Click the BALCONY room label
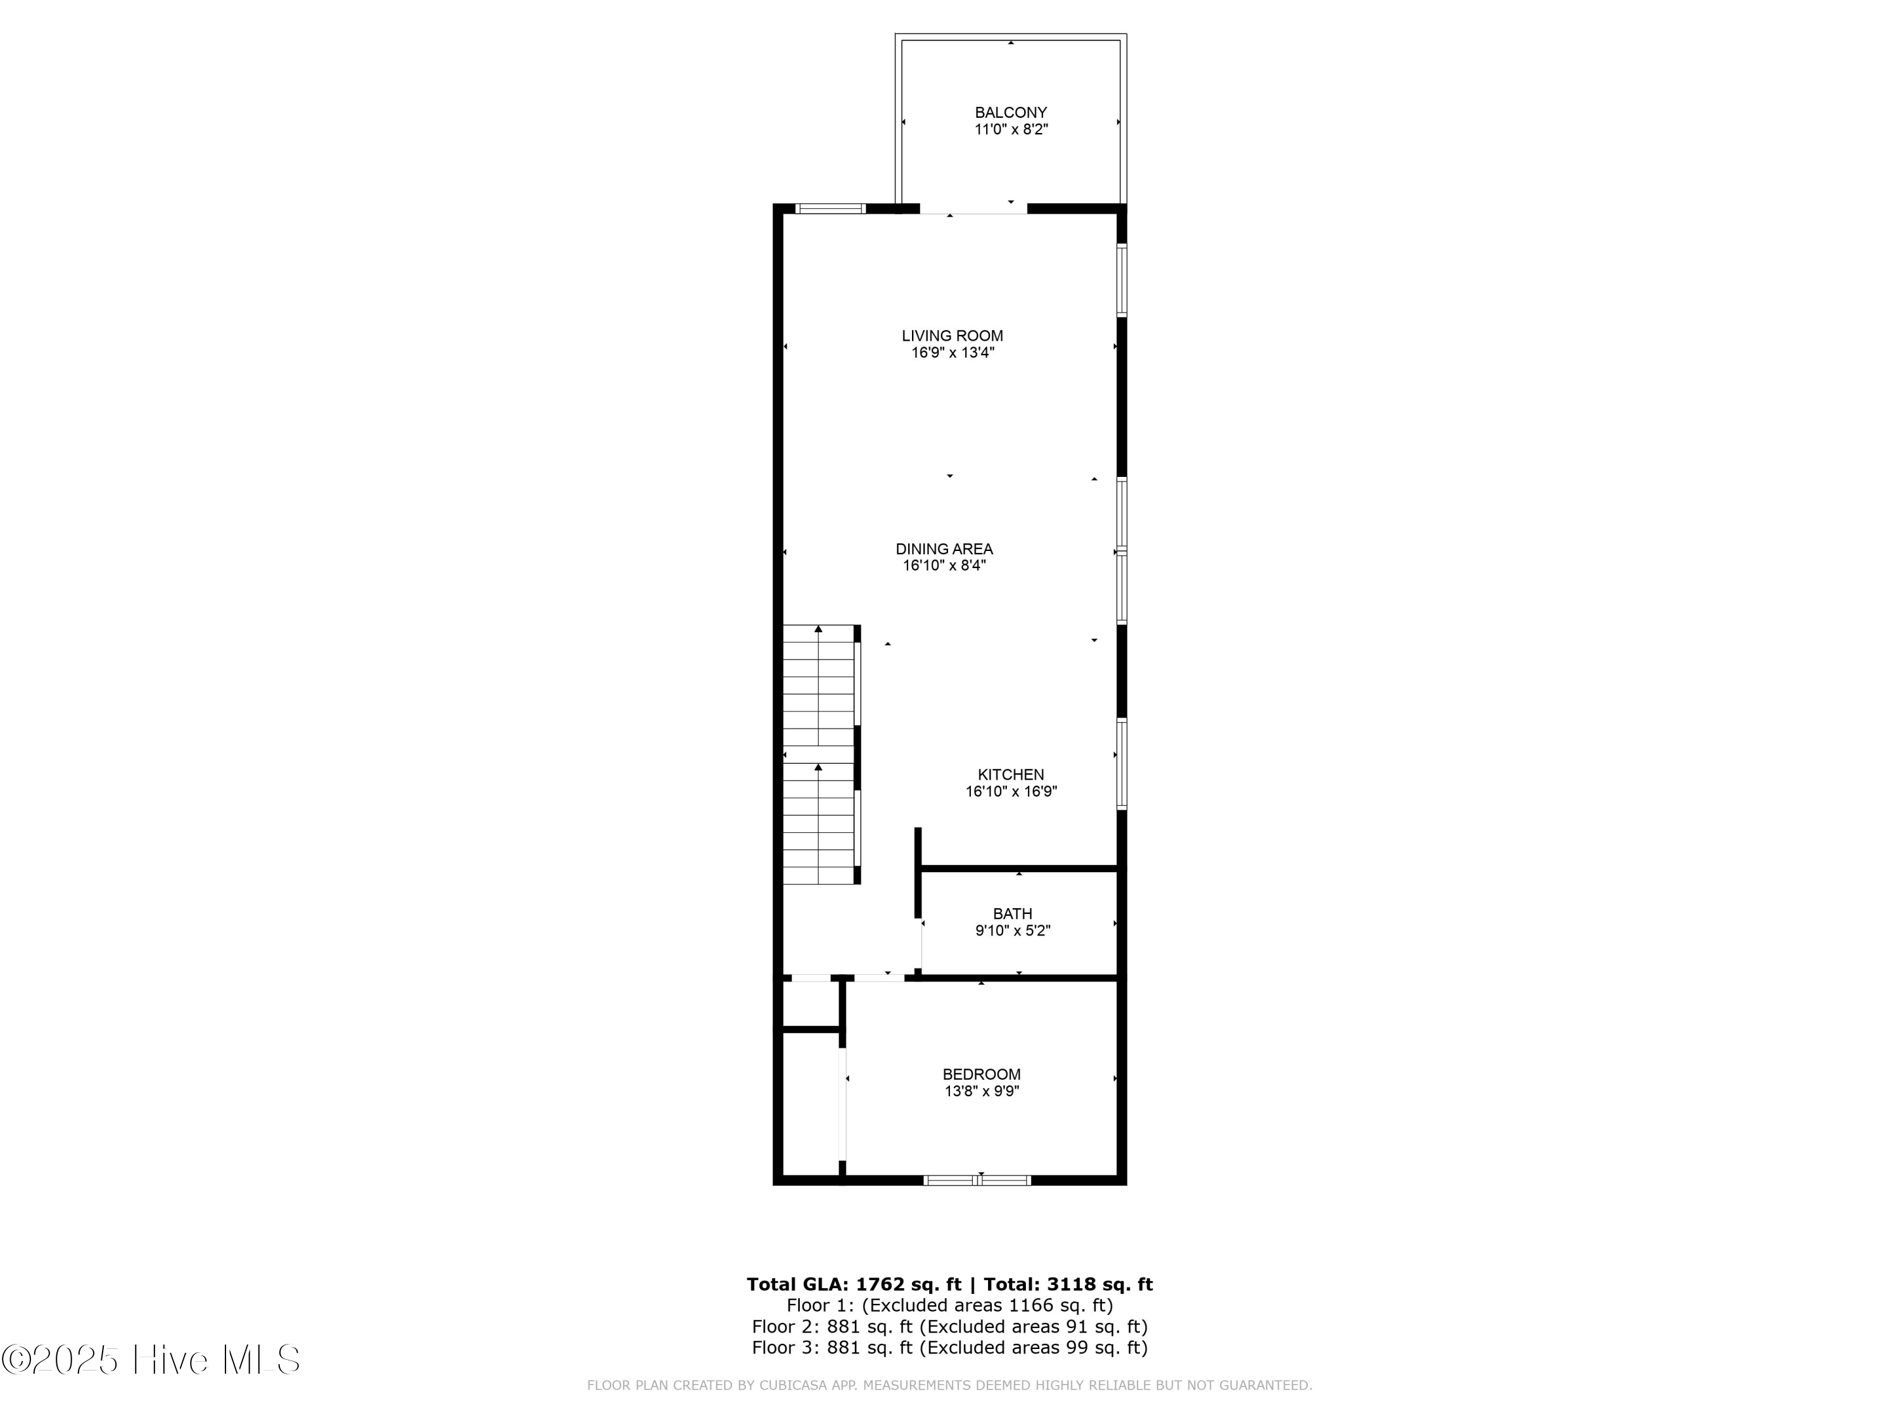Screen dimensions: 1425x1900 pyautogui.click(x=1010, y=113)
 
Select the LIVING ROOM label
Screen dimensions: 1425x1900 pyautogui.click(x=952, y=336)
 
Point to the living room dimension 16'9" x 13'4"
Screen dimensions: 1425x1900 pyautogui.click(x=952, y=353)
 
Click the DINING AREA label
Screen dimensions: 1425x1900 pyautogui.click(x=944, y=549)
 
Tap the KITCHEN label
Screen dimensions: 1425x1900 pyautogui.click(x=1010, y=775)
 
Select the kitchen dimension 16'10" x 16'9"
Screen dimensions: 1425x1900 pyautogui.click(x=1010, y=792)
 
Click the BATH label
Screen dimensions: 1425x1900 pyautogui.click(x=1012, y=914)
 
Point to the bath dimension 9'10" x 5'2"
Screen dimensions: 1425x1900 pyautogui.click(x=1012, y=931)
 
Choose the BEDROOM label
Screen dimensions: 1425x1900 pyautogui.click(x=981, y=1075)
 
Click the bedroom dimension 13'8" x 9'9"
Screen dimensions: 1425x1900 pyautogui.click(x=981, y=1092)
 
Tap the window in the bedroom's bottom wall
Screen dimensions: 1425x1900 pyautogui.click(x=977, y=1180)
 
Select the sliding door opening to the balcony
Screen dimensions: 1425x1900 pyautogui.click(x=973, y=209)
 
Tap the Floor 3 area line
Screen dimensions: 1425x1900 pyautogui.click(x=949, y=1348)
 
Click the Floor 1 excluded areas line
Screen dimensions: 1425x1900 pyautogui.click(x=949, y=1305)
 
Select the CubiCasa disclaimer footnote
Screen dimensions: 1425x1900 pyautogui.click(x=949, y=1386)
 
